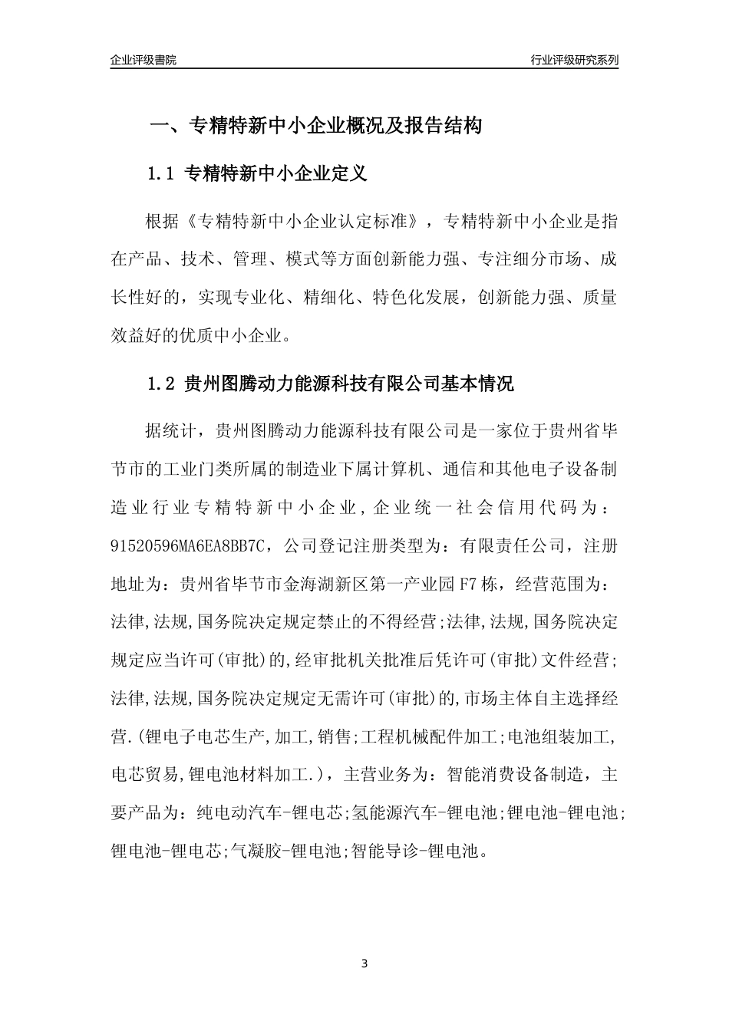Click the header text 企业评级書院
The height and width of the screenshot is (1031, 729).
tap(143, 61)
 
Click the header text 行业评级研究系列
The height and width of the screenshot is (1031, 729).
tap(574, 61)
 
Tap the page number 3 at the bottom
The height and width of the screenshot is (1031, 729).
tap(364, 963)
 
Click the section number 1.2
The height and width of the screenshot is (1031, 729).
tap(162, 384)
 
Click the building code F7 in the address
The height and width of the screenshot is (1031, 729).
tap(469, 584)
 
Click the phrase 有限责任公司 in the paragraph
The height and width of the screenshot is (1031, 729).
tap(513, 546)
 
